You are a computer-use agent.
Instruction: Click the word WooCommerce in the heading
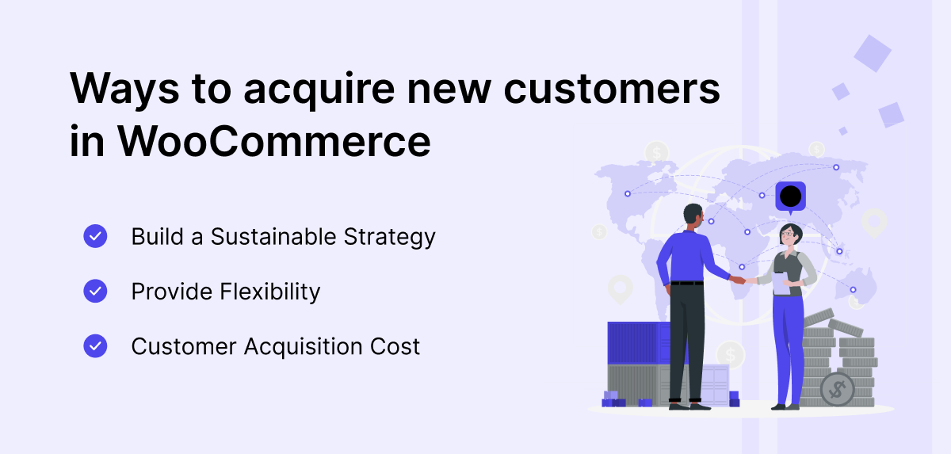[274, 141]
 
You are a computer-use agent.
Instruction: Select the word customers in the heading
[612, 89]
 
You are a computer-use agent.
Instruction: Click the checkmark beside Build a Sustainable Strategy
[95, 236]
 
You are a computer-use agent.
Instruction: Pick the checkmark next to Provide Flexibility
[95, 291]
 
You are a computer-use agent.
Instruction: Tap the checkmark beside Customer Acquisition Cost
[95, 345]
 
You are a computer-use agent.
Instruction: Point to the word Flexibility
[270, 292]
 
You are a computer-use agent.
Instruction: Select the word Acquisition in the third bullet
[303, 347]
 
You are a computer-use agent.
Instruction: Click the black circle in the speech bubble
[791, 196]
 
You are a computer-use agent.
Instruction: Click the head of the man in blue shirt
[693, 216]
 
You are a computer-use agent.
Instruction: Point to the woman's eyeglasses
[788, 234]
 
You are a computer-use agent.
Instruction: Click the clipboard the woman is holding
[781, 283]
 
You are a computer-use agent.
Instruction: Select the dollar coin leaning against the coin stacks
[837, 389]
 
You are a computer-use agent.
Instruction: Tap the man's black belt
[687, 283]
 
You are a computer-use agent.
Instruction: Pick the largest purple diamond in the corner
[873, 53]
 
